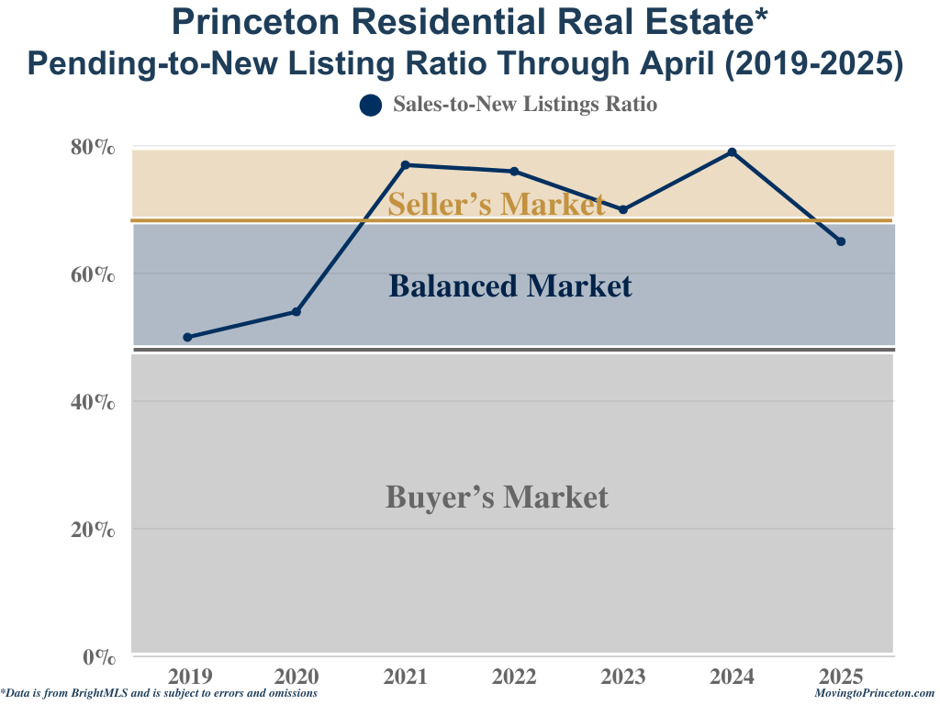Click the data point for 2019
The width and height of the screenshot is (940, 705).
[x=187, y=337]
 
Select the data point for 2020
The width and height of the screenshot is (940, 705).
[x=297, y=312]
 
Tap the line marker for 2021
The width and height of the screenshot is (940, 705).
[x=405, y=165]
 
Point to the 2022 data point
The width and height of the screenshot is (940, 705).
[x=514, y=172]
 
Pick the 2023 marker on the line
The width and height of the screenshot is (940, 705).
[x=623, y=209]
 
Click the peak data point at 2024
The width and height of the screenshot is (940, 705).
[x=732, y=152]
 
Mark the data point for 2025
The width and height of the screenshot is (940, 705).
[x=841, y=241]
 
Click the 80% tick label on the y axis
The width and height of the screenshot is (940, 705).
[x=93, y=147]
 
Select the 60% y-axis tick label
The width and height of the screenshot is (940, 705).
[x=93, y=274]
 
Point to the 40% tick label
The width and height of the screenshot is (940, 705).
[x=93, y=402]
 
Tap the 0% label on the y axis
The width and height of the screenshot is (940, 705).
[x=98, y=656]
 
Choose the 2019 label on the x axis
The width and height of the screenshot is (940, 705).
[x=188, y=677]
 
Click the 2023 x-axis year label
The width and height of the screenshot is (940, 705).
[x=623, y=677]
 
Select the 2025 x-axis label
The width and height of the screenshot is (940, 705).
[x=841, y=677]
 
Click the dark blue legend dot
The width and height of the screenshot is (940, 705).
[x=370, y=106]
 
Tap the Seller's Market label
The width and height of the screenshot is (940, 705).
[x=496, y=204]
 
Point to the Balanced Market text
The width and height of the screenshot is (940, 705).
[x=510, y=286]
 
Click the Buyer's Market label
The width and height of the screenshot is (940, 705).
[x=497, y=498]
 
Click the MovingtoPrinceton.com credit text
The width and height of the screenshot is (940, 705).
[x=874, y=694]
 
